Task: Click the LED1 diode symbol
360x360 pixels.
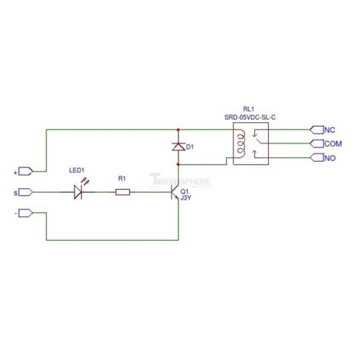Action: (x=79, y=192)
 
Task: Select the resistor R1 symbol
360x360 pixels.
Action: (x=122, y=192)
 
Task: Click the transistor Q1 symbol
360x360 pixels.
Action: (x=176, y=193)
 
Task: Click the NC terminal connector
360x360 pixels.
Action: (x=314, y=129)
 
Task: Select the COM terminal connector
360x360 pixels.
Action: (x=314, y=143)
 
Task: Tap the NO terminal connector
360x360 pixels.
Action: (x=314, y=157)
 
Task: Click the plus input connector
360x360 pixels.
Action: (x=25, y=170)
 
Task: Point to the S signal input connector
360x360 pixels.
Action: (x=25, y=192)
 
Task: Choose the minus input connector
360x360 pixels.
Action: (x=25, y=213)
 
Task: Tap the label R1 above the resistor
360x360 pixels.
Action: (x=122, y=178)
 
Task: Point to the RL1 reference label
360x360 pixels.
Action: (x=250, y=108)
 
